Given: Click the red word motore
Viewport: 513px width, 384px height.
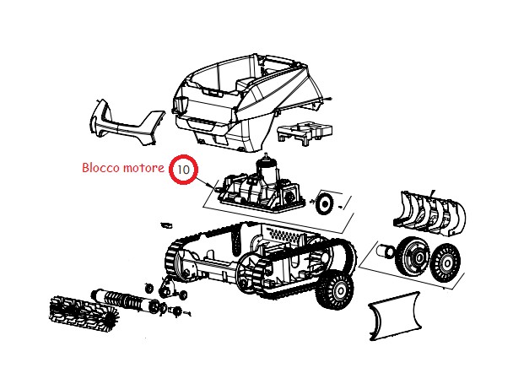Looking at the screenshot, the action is [143, 168].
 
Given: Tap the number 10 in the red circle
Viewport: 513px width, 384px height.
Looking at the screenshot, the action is [183, 170].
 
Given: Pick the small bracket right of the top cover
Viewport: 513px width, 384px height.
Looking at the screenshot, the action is [305, 133].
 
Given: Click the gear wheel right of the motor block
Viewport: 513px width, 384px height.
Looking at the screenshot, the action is [325, 203].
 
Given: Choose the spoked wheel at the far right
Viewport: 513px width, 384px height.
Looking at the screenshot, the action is [445, 263].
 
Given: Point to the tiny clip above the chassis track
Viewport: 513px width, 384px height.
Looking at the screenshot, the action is [166, 225].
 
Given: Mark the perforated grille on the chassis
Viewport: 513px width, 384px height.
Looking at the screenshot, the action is [284, 235].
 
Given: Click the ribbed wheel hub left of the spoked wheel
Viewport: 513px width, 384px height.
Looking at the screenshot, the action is [413, 256].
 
